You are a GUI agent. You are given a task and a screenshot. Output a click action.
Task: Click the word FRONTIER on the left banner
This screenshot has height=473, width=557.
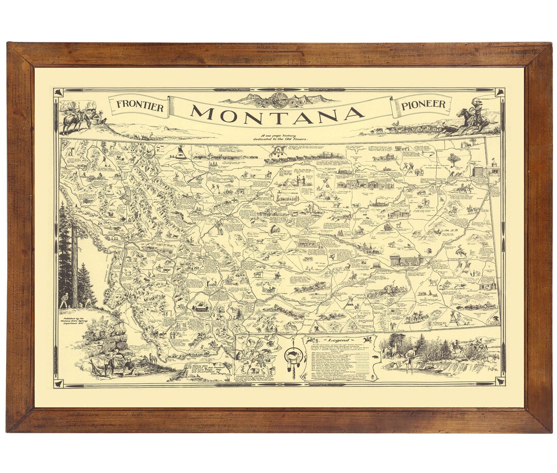[x=140, y=106]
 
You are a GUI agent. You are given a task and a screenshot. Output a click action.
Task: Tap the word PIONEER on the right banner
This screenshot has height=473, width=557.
[x=423, y=105]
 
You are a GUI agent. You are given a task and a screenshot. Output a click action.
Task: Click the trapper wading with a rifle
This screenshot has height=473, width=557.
[x=410, y=361]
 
